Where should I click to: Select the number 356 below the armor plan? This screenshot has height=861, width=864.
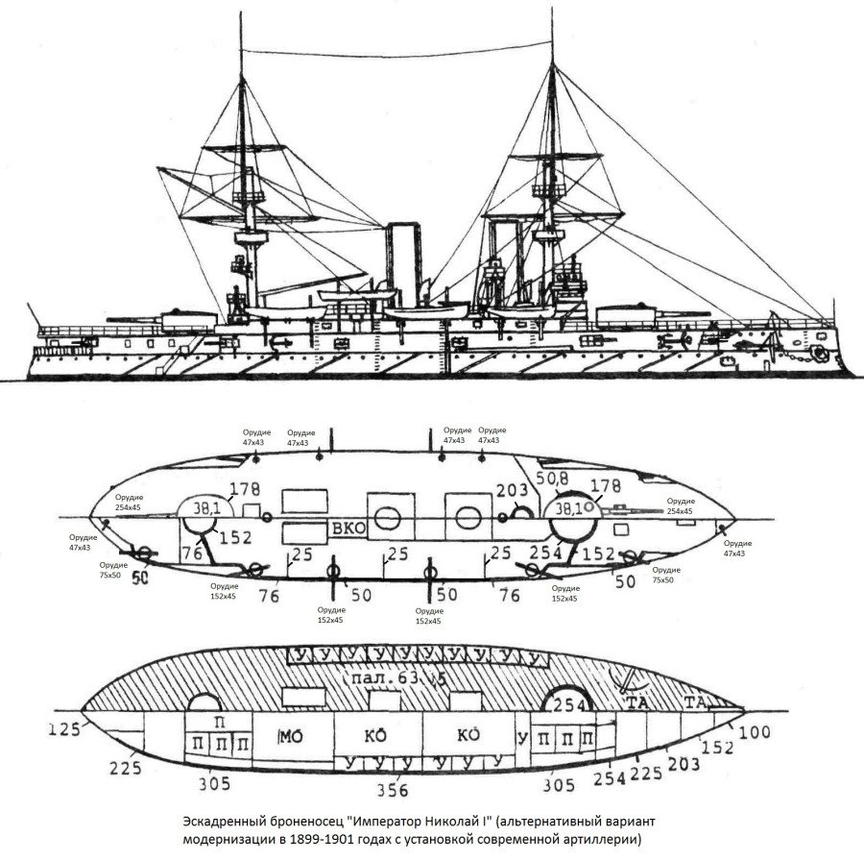point(392,790)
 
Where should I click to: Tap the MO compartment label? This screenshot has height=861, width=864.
point(291,736)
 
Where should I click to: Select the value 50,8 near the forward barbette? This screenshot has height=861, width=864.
point(553,478)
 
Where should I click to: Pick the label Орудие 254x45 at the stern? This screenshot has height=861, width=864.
point(128,504)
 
